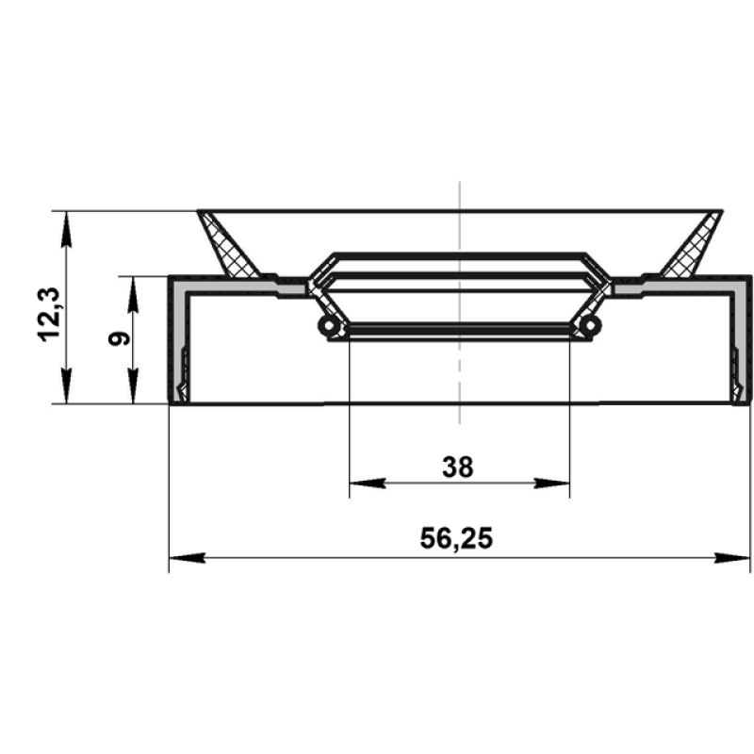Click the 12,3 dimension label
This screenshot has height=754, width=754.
click(49, 315)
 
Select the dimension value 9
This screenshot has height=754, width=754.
click(119, 338)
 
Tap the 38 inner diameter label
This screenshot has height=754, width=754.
click(458, 467)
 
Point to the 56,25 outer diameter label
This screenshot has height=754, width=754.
click(456, 538)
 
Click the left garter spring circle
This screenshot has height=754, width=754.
click(329, 326)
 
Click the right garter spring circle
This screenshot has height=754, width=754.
click(590, 325)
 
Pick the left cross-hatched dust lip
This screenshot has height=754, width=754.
click(227, 245)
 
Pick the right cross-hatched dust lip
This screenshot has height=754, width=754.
click(692, 245)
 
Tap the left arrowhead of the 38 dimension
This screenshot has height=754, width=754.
click(368, 483)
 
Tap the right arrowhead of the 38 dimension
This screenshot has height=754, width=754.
click(551, 483)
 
